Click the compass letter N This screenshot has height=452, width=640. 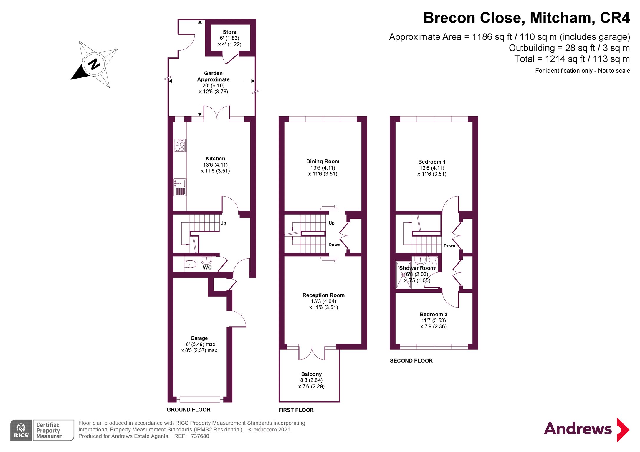94,64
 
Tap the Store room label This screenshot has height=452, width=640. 229,32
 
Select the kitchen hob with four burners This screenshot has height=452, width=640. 180,146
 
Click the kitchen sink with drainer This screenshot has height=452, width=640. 180,187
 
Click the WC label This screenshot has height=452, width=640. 207,267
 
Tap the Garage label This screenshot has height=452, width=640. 199,338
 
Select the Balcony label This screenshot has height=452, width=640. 311,374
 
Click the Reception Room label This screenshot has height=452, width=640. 323,295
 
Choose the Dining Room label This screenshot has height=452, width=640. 323,161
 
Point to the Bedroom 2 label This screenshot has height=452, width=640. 434,314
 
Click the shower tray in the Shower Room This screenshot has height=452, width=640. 403,275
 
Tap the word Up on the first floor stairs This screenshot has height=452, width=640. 332,223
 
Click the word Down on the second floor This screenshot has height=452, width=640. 449,246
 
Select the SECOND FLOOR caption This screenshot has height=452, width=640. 411,361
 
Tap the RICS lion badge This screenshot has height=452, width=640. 21,430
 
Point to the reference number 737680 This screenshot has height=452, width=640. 200,436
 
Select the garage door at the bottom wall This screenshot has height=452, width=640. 200,399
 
